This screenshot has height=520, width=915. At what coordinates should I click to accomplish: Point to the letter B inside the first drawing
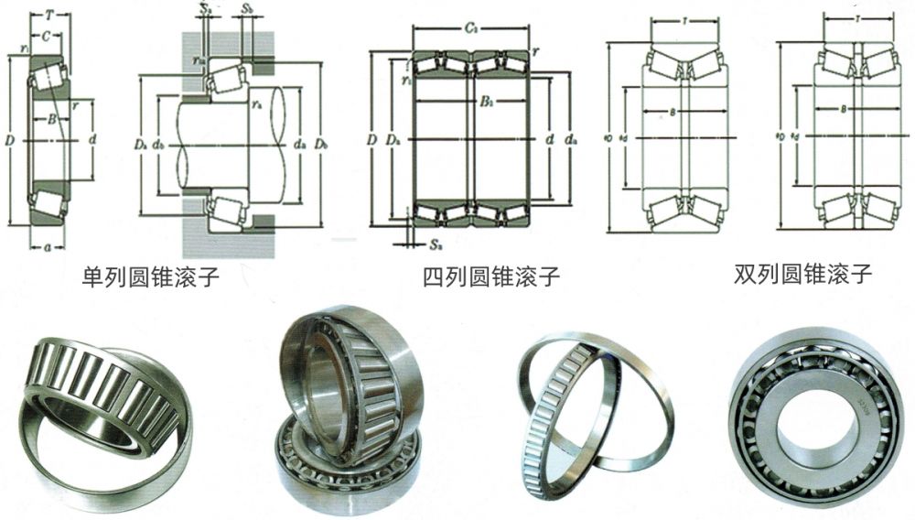(51, 119)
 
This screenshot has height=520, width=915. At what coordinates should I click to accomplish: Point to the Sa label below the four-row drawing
(435, 244)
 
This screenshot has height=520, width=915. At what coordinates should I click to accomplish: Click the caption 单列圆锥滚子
(151, 276)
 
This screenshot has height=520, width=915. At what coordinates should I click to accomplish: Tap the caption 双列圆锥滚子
(802, 275)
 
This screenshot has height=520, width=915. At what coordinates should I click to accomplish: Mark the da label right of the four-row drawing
(572, 140)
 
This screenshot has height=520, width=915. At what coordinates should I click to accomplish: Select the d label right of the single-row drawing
(93, 141)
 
